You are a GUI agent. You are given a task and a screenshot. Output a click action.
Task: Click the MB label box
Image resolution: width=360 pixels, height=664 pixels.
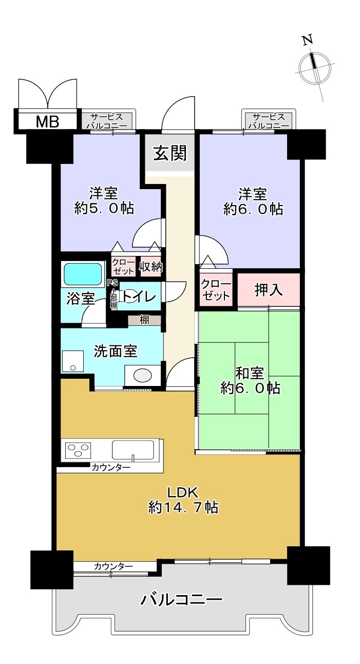tap(47, 122)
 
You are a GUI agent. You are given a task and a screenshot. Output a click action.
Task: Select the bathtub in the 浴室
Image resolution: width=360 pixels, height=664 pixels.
tap(82, 273)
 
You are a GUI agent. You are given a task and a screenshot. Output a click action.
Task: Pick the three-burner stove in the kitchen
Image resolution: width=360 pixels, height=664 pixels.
tap(77, 450)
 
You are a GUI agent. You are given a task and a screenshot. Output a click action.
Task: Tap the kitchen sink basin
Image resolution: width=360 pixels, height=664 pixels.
tap(134, 450)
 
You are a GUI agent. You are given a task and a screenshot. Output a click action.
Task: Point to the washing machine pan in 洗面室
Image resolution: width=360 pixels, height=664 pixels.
tap(72, 361)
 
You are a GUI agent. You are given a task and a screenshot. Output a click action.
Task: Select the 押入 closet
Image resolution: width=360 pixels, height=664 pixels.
tap(269, 290)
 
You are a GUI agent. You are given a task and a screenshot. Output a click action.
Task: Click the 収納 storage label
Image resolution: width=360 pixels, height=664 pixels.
tap(151, 267)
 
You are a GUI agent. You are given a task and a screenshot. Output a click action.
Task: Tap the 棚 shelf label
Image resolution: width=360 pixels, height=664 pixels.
tap(145, 320)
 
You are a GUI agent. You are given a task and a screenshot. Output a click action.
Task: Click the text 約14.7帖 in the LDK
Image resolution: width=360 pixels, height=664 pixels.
tap(183, 508)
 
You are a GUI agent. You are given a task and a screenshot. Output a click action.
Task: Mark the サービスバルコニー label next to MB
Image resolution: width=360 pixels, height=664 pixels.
tap(107, 121)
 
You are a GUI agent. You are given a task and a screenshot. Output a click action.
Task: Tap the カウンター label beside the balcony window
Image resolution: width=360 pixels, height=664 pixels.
tap(113, 566)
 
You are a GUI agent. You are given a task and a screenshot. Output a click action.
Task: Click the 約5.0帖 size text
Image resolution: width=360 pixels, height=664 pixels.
tap(104, 209)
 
